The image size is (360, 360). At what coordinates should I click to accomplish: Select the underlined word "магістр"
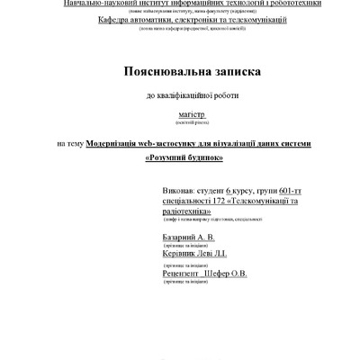coord(180,115)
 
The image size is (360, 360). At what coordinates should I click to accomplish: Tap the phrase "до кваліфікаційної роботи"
coord(180,95)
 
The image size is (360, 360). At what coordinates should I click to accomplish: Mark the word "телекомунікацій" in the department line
coord(254,19)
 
